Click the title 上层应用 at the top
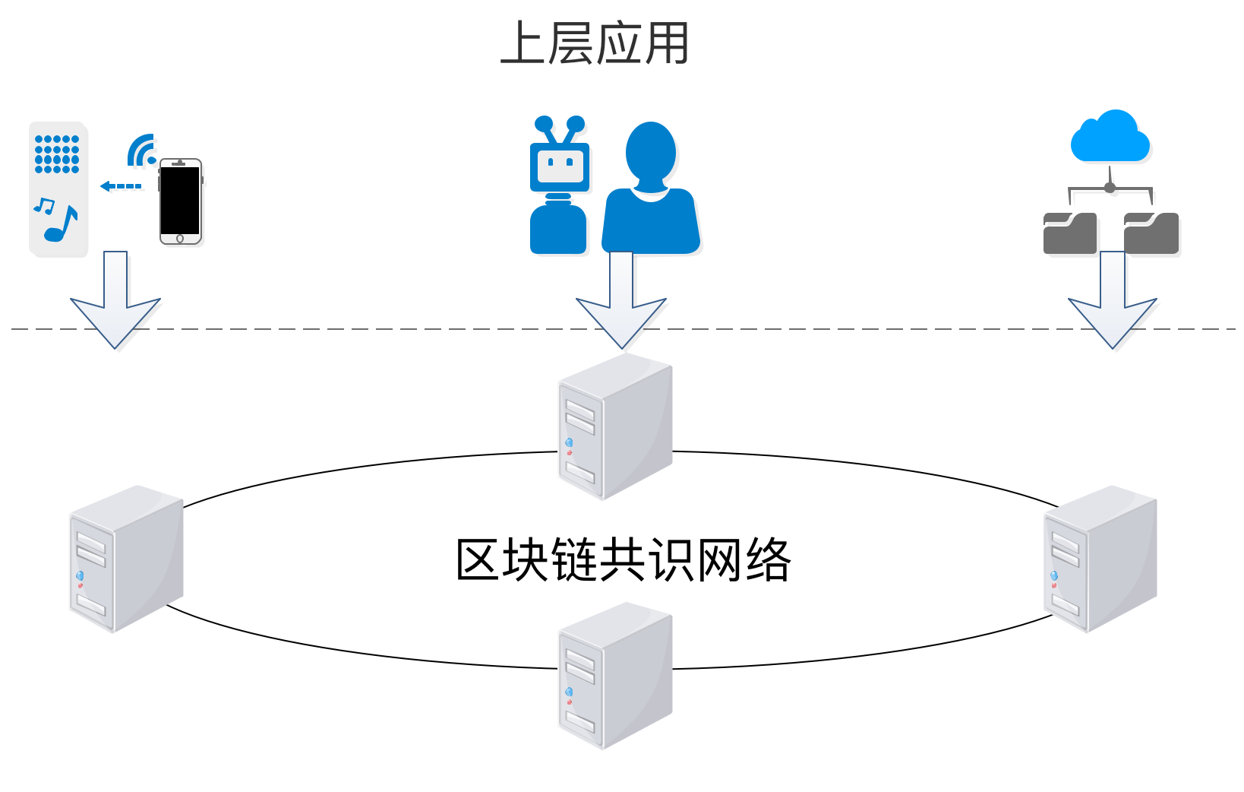coord(595,43)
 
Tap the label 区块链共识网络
coord(623,559)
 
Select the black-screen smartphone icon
coord(181,201)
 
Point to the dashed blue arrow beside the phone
coord(121,186)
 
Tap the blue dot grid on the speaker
coord(57,154)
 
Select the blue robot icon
coord(559,185)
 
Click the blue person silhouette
coord(651,188)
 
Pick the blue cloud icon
coord(1110,137)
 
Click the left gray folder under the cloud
coord(1069,233)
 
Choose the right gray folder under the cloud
coord(1151,233)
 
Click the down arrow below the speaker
coord(115,299)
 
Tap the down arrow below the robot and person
coord(621,300)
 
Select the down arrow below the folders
coord(1113,300)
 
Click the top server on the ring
coord(615,427)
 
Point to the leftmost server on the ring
coord(126,559)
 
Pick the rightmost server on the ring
coord(1100,559)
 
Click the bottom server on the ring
coord(615,676)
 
